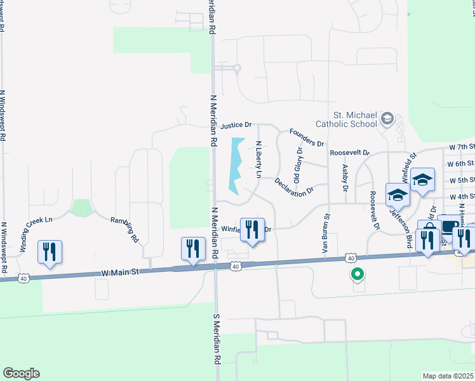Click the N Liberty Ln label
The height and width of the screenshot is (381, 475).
point(258,159)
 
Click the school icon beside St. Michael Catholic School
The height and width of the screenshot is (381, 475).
point(387,119)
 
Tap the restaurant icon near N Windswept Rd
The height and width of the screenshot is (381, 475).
point(50,251)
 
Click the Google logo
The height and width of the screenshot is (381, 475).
point(21,373)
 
